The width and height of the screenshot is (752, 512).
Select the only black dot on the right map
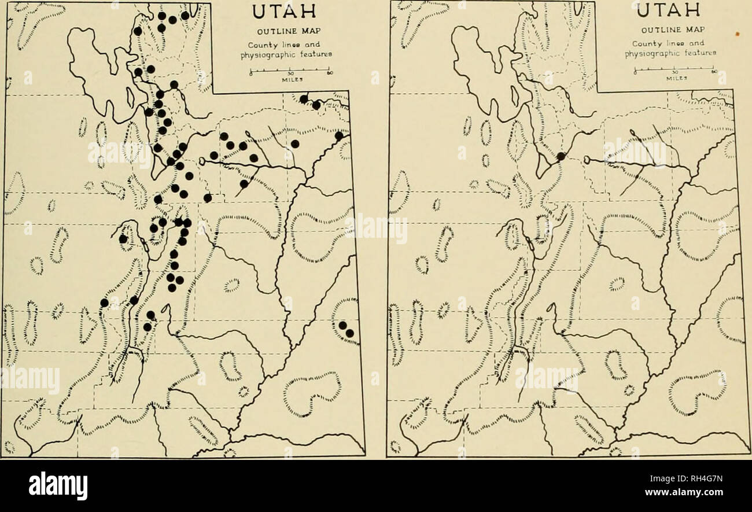[561, 156]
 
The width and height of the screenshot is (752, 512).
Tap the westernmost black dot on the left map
[104, 303]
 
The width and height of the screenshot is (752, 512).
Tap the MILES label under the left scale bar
[289, 81]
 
